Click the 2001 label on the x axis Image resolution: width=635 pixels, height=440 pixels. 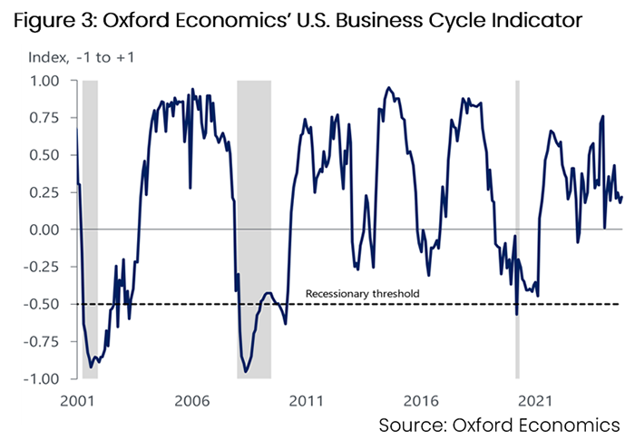[80, 399]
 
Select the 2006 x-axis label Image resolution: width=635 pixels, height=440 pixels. [192, 399]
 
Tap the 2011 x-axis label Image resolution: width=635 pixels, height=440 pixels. [306, 399]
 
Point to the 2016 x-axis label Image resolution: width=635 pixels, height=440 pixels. [419, 399]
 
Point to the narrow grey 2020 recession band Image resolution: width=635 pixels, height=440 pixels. [517, 227]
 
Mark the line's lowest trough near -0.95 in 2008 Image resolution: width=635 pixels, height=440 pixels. [246, 371]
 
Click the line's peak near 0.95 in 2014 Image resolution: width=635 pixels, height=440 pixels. [388, 88]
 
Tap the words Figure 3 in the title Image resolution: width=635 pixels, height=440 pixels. [51, 19]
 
